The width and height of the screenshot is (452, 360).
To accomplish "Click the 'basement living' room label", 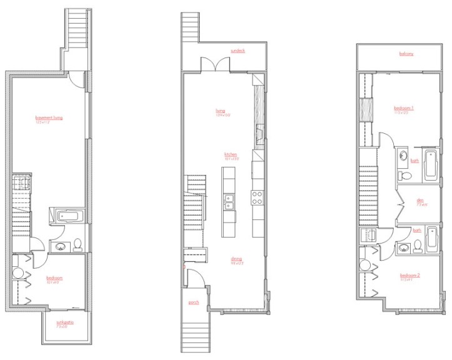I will pyautogui.click(x=49, y=117).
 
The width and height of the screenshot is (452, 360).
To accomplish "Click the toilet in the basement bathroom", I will pyautogui.click(x=78, y=244).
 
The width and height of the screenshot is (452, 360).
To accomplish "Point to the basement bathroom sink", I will pyautogui.click(x=61, y=246).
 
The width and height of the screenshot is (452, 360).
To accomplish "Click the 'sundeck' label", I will pyautogui.click(x=238, y=50).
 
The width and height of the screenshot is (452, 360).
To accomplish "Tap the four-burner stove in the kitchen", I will pyautogui.click(x=257, y=197).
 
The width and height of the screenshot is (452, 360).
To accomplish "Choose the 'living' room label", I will pyautogui.click(x=220, y=112).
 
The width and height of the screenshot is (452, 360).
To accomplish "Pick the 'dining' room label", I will pyautogui.click(x=236, y=259).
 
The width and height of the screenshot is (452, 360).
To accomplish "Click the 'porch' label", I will pyautogui.click(x=194, y=302).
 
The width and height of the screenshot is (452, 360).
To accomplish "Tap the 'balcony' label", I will pyautogui.click(x=406, y=54).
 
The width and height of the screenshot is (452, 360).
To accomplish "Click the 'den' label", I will pyautogui.click(x=420, y=201).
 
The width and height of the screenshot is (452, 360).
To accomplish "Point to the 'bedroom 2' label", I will pyautogui.click(x=410, y=276).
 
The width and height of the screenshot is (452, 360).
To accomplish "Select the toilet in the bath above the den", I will pyautogui.click(x=405, y=175).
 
